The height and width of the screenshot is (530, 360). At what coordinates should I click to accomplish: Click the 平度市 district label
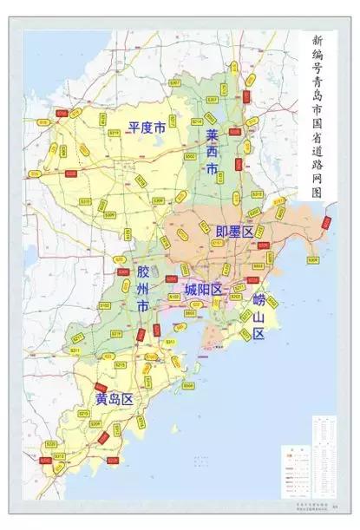click(146, 128)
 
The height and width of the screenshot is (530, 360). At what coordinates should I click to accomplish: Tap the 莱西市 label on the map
click(213, 153)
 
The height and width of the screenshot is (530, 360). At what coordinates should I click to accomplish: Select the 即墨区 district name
click(234, 231)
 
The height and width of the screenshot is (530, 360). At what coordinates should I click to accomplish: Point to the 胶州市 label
click(144, 289)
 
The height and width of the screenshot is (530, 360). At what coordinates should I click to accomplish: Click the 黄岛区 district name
click(114, 400)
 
